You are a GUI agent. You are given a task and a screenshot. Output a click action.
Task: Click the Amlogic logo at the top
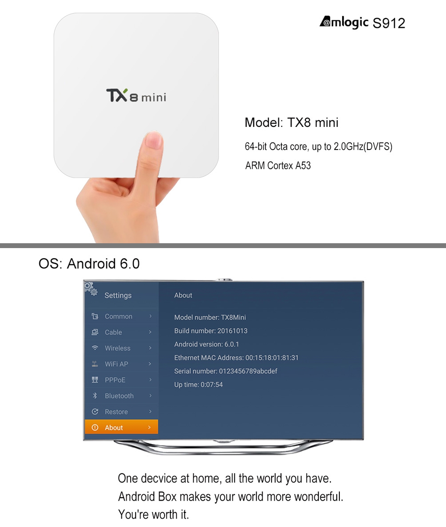pos(344,22)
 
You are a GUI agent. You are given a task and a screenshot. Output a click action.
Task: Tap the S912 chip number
pos(389,23)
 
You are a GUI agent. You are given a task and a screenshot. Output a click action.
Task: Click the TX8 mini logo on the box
pos(136,95)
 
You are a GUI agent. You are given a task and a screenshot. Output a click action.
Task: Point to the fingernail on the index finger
pos(153,140)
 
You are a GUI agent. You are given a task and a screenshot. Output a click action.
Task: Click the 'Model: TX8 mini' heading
pos(292,122)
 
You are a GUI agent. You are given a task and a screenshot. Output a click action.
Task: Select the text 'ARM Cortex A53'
pos(278,165)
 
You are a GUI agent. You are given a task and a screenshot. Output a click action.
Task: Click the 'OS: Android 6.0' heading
pos(89,263)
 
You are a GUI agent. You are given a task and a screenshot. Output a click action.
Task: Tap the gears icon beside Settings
pos(91,289)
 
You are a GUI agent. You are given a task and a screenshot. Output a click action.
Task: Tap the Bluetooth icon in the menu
pos(95,395)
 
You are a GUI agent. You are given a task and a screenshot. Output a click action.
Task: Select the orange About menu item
pos(121,427)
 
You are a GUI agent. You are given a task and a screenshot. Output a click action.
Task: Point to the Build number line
pos(210,331)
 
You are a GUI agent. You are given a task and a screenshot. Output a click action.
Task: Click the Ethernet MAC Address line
pos(236,358)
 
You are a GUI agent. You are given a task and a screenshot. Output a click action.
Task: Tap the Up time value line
pos(198,384)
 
